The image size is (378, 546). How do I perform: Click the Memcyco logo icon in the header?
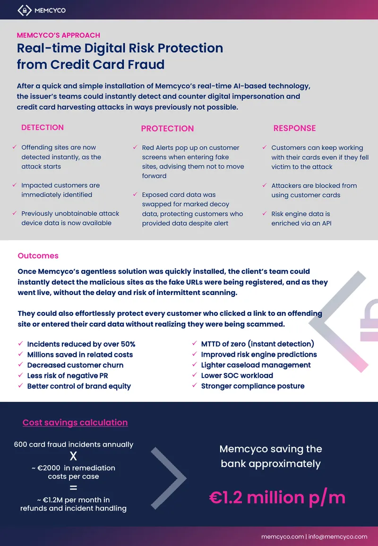coord(25,10)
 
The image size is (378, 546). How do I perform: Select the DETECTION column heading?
coord(43,128)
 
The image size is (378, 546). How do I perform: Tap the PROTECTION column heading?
coord(167,129)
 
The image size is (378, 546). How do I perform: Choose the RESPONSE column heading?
coord(294,128)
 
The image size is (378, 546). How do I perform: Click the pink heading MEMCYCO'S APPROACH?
coord(59,35)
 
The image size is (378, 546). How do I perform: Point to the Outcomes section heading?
coord(38,256)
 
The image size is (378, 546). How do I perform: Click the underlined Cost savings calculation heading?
coord(75,423)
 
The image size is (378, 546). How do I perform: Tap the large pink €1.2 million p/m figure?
coord(277,497)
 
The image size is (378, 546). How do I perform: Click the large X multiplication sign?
coord(73,456)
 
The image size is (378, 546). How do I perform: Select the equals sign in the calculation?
coord(73,488)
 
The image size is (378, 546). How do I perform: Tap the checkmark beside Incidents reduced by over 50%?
coord(20,344)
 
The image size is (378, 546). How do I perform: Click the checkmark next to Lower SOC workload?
coord(195,375)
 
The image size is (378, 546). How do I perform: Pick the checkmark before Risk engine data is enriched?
coord(265,214)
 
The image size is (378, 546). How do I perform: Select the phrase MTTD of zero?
coord(223,344)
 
